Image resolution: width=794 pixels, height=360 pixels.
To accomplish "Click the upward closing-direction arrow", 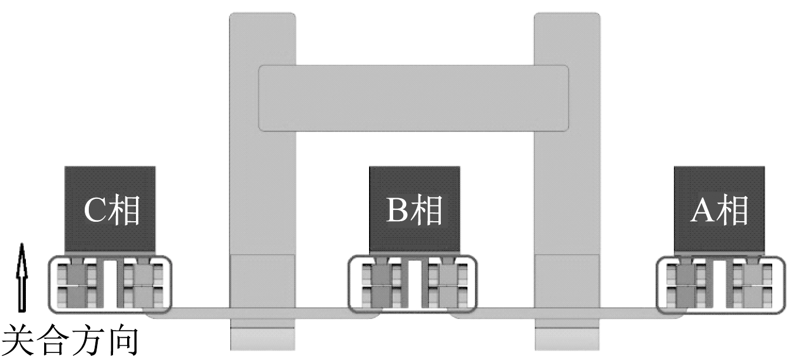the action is pyautogui.click(x=22, y=278).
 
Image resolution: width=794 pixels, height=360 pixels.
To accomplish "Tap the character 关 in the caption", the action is pyautogui.click(x=18, y=339).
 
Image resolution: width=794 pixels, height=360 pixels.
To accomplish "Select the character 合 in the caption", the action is pyautogui.click(x=52, y=339).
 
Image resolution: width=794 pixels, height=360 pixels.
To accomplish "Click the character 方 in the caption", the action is pyautogui.click(x=87, y=339).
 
